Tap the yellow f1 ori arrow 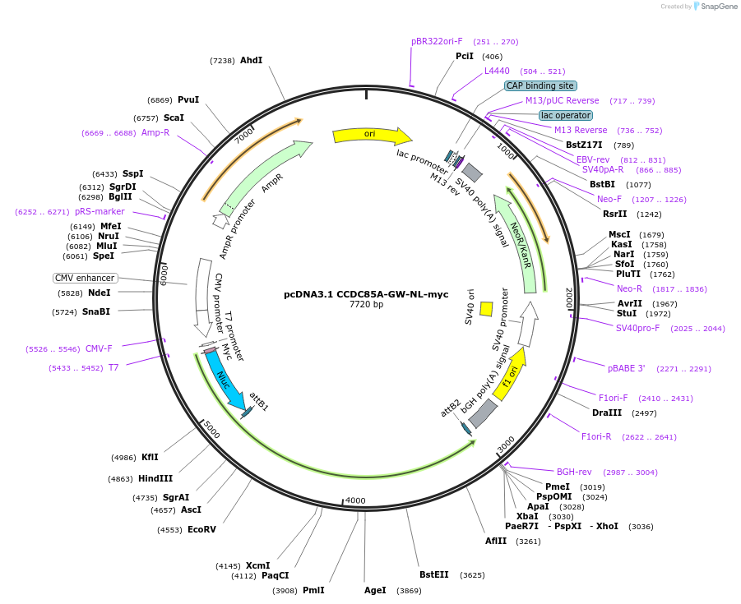click(x=509, y=374)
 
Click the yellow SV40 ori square click(x=486, y=309)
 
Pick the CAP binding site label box click(x=540, y=85)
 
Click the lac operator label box click(x=566, y=115)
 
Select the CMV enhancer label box click(x=85, y=278)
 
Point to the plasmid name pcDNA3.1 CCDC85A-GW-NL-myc click(x=366, y=294)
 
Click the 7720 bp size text click(x=366, y=305)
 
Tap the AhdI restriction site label click(x=251, y=60)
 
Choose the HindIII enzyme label click(x=155, y=478)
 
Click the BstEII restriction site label click(x=433, y=574)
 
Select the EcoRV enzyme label click(x=201, y=529)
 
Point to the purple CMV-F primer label click(x=99, y=348)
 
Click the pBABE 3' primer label click(x=626, y=368)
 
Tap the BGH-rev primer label click(x=574, y=472)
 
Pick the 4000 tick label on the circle click(x=355, y=500)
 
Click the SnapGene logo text click(x=719, y=6)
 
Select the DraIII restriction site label click(x=607, y=413)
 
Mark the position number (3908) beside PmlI click(x=285, y=591)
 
